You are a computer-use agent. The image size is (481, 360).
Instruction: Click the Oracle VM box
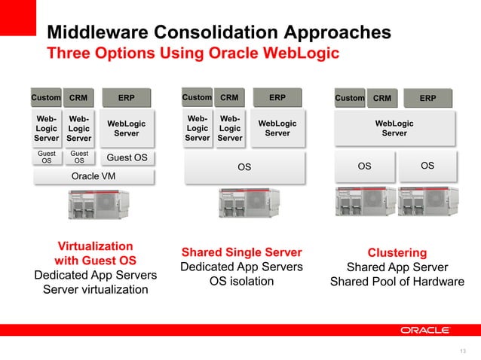point(93,176)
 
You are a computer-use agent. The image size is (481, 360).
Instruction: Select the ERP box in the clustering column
point(427,98)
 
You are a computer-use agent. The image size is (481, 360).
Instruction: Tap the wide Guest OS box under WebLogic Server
point(127,157)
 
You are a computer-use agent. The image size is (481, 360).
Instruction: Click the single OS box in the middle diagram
point(244,167)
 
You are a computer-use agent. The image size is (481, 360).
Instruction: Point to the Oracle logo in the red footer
point(425,330)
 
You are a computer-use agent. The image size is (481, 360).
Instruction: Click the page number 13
point(462,350)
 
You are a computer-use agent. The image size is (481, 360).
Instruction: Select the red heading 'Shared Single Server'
point(241,252)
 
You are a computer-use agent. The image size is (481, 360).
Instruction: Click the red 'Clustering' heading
point(397,253)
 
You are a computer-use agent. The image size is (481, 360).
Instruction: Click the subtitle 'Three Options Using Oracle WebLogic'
point(193,53)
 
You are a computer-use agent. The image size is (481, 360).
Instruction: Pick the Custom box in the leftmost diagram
point(45,98)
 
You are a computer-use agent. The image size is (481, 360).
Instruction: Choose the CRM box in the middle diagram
point(229,98)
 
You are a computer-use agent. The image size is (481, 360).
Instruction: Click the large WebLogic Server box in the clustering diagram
point(394,128)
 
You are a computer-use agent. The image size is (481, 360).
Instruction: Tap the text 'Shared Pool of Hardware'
point(397,282)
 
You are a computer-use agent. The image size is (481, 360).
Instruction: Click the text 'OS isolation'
point(241,282)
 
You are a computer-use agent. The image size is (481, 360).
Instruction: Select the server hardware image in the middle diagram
point(244,204)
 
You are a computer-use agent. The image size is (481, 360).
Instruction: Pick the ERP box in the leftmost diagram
point(126,98)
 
